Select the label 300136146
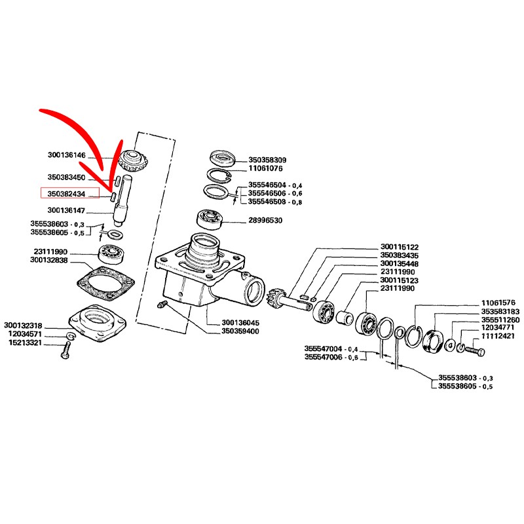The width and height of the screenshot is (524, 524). pyautogui.click(x=66, y=155)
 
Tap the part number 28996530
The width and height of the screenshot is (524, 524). pyautogui.click(x=265, y=221)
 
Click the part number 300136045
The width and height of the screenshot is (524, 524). pyautogui.click(x=241, y=323)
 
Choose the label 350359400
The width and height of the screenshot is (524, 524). pyautogui.click(x=241, y=331)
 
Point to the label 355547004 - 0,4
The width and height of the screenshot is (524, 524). pyautogui.click(x=331, y=348)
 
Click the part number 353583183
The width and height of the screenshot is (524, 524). pyautogui.click(x=500, y=311)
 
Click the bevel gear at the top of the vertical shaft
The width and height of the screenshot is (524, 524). pyautogui.click(x=132, y=159)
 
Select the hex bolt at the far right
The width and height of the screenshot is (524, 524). pyautogui.click(x=474, y=351)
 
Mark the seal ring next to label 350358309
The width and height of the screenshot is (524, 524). pyautogui.click(x=223, y=159)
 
